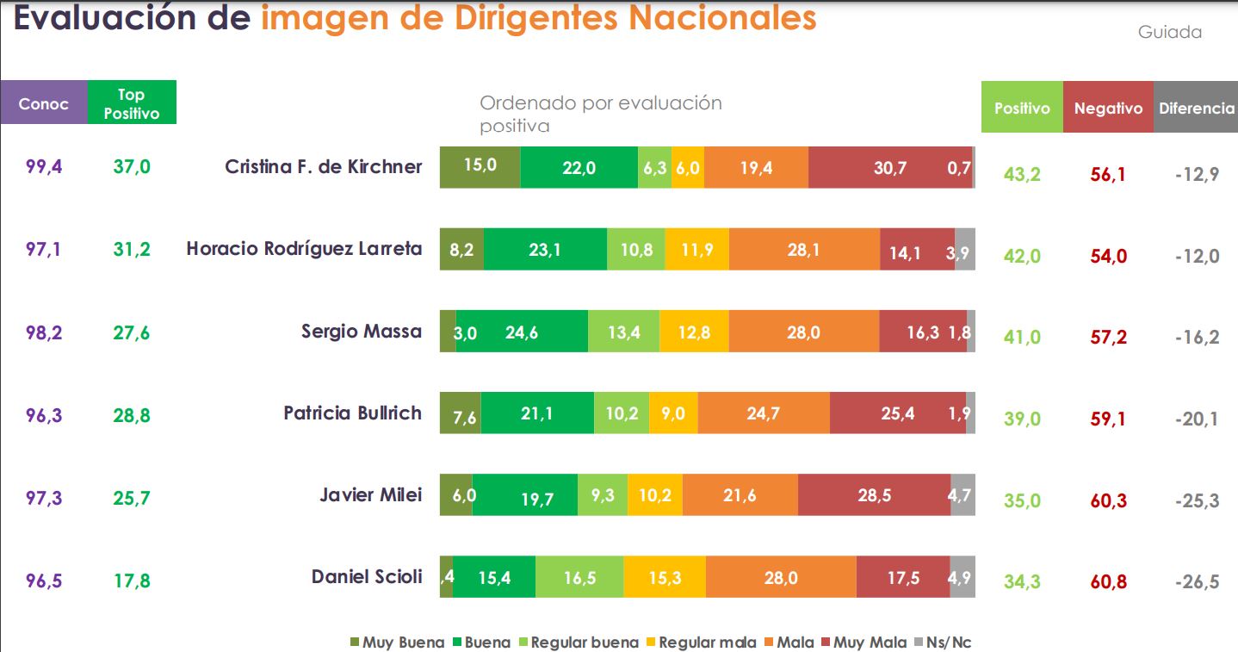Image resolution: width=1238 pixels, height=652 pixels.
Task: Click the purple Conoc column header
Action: point(44,102)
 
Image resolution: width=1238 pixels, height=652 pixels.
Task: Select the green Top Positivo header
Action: point(132,102)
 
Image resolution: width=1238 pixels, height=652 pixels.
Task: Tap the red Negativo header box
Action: point(1108,107)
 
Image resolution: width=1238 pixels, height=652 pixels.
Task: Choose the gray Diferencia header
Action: point(1196,107)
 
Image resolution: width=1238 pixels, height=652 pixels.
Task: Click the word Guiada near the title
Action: point(1169,32)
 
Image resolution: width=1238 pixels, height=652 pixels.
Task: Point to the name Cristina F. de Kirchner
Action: point(324,166)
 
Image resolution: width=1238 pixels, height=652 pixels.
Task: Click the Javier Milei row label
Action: point(371,494)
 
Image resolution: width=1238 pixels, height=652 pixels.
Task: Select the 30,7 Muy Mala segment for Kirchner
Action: point(890,168)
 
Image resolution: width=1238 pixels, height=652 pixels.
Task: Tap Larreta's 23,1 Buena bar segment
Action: point(546,250)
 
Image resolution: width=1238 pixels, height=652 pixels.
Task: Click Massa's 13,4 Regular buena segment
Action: point(624,332)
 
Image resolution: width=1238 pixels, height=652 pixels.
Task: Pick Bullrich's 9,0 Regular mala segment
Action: point(674,413)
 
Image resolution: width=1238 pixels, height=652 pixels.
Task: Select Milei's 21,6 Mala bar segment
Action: point(740,495)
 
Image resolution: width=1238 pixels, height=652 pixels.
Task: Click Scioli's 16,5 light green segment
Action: point(579,577)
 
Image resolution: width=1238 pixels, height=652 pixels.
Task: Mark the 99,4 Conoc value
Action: point(44,166)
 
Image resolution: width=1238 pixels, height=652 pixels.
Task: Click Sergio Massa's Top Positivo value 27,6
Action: point(132,333)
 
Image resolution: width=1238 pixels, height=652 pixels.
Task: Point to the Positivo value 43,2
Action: point(1022,175)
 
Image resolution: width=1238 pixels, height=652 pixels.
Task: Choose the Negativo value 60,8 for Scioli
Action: point(1108,581)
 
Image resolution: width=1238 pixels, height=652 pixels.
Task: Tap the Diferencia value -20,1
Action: point(1197,419)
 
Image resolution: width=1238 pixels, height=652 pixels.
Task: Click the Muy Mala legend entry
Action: point(864,642)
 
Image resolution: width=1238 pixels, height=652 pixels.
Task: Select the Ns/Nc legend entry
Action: point(943,642)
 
